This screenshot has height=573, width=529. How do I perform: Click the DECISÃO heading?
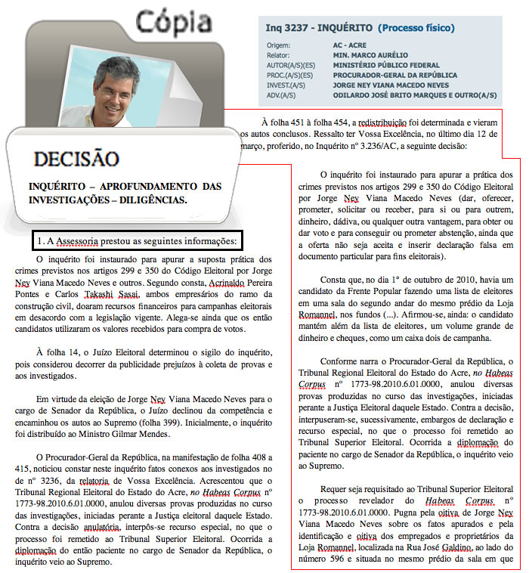[x=76, y=160]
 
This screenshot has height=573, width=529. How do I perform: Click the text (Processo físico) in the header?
[x=415, y=29]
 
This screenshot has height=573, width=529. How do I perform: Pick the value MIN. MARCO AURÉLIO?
[x=370, y=55]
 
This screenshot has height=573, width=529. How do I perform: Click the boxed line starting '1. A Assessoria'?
[x=137, y=241]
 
